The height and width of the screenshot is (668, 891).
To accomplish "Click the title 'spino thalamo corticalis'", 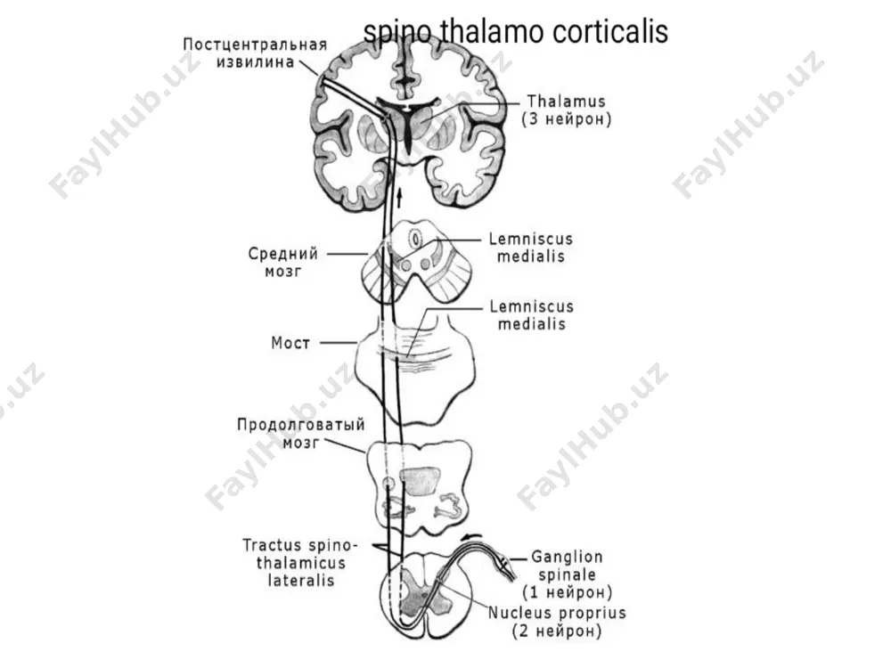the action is point(515,32).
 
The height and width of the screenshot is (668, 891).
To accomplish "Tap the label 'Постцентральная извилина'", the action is point(255,53).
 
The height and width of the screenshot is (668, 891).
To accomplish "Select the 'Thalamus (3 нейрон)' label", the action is point(567,110).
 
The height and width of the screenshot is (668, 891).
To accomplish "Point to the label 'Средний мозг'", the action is point(283,262).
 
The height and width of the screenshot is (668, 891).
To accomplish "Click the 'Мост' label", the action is point(290,343).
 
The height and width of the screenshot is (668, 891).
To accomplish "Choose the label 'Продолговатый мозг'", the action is point(301,434).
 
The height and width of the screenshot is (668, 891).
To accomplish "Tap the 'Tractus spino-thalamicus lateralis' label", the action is point(300,562).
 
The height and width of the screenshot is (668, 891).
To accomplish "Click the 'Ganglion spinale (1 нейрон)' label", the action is point(567,574).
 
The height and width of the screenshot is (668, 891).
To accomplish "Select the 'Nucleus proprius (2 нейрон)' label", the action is point(557,622).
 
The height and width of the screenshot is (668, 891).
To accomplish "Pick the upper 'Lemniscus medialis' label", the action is point(531,248).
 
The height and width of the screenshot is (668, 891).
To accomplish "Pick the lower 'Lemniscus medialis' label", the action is point(532,315).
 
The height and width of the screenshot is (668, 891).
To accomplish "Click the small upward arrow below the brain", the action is point(399,198).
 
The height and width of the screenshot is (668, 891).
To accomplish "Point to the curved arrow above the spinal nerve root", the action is point(472,537).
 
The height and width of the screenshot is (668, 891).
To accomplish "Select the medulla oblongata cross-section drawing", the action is point(420,488).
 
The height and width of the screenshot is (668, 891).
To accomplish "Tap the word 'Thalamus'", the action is point(566,102).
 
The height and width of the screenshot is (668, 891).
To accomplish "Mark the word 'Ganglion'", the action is point(567,558).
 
